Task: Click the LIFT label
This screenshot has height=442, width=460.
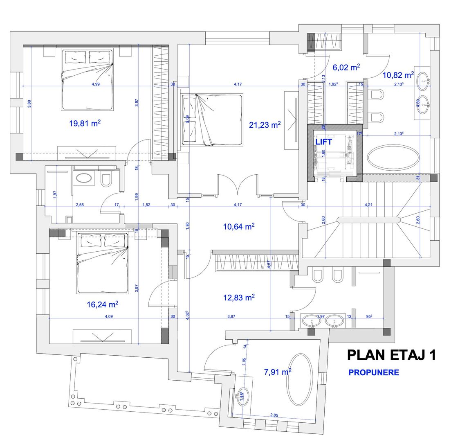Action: point(323,142)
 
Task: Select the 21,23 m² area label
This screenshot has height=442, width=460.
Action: point(265,125)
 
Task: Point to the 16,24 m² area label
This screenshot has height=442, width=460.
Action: point(102,304)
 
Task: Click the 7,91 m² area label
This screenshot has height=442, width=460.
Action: point(278,372)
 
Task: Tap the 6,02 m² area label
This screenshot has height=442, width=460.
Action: point(346,68)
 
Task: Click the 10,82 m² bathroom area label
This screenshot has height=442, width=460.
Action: point(398,75)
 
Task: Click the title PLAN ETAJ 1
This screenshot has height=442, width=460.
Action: point(391,355)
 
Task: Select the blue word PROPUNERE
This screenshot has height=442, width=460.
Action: point(373,373)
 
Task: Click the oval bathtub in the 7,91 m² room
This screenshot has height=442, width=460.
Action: point(300,380)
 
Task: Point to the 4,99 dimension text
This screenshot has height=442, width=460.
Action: point(96,84)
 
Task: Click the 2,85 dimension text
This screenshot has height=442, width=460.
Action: point(274,415)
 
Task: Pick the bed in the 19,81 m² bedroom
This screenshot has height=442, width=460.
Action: point(87,80)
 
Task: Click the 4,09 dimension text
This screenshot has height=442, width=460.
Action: point(108,316)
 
